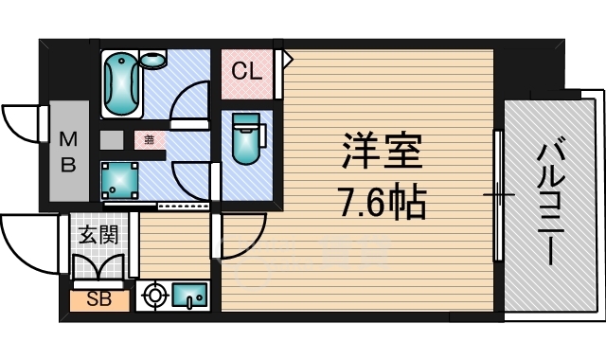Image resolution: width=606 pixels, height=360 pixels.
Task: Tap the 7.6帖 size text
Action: tap(382, 201)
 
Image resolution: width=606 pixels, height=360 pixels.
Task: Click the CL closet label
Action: tap(248, 70)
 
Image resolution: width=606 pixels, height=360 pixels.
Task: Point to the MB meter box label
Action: tap(69, 153)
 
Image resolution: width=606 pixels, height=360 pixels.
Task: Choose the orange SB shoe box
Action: tap(97, 301)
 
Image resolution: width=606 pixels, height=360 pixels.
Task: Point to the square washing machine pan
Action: tap(120, 177)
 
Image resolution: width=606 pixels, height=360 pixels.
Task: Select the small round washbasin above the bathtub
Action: tap(151, 60)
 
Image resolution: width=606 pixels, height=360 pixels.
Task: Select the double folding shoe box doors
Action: tap(97, 269)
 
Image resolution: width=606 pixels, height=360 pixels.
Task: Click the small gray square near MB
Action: tap(111, 139)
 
